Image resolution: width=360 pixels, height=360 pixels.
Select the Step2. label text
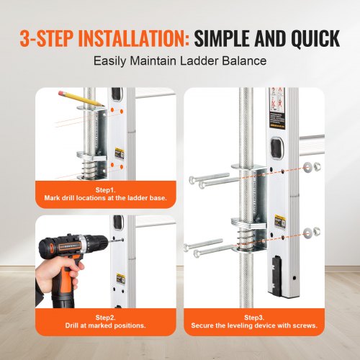(105, 315)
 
